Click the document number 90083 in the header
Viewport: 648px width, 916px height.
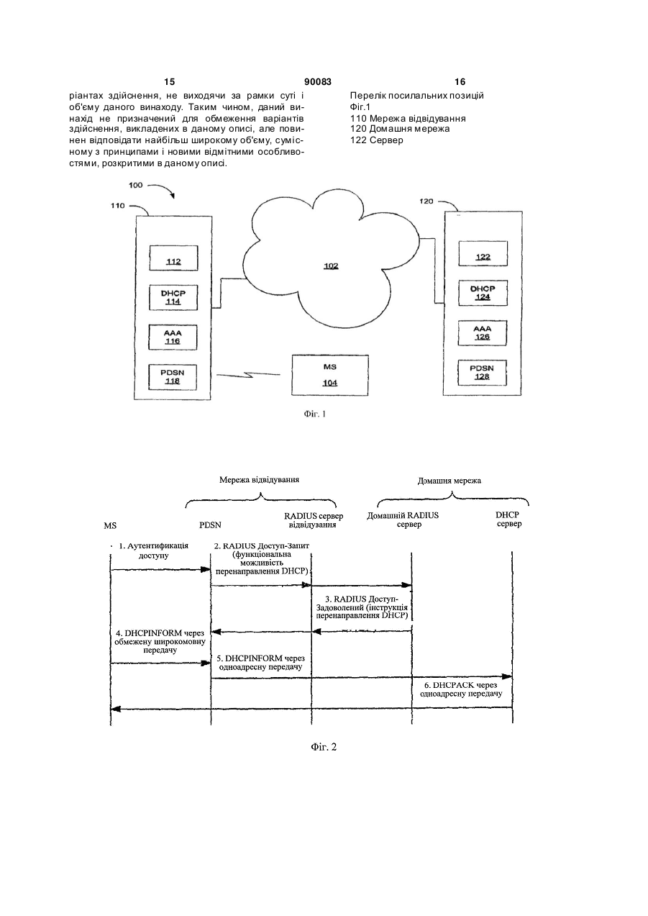(318, 82)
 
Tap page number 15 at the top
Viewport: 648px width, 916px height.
(169, 82)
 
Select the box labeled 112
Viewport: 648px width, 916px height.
(173, 258)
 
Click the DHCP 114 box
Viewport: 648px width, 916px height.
(173, 297)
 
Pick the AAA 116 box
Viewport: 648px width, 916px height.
(173, 337)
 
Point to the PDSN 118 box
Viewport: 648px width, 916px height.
(172, 377)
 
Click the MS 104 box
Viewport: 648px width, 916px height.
(330, 375)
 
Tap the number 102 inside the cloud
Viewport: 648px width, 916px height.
(331, 266)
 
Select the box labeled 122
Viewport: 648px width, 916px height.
(483, 253)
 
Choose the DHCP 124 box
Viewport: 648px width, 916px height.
(483, 293)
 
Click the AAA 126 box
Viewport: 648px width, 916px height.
(482, 333)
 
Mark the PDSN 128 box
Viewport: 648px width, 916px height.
(482, 373)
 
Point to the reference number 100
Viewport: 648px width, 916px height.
(136, 185)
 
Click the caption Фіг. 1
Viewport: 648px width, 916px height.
(314, 414)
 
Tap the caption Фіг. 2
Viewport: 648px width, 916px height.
(324, 747)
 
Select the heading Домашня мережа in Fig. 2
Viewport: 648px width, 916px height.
(450, 481)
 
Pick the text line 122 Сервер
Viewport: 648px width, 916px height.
(377, 140)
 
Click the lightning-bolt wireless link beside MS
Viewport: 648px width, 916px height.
(248, 375)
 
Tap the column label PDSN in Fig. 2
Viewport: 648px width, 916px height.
(210, 525)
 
